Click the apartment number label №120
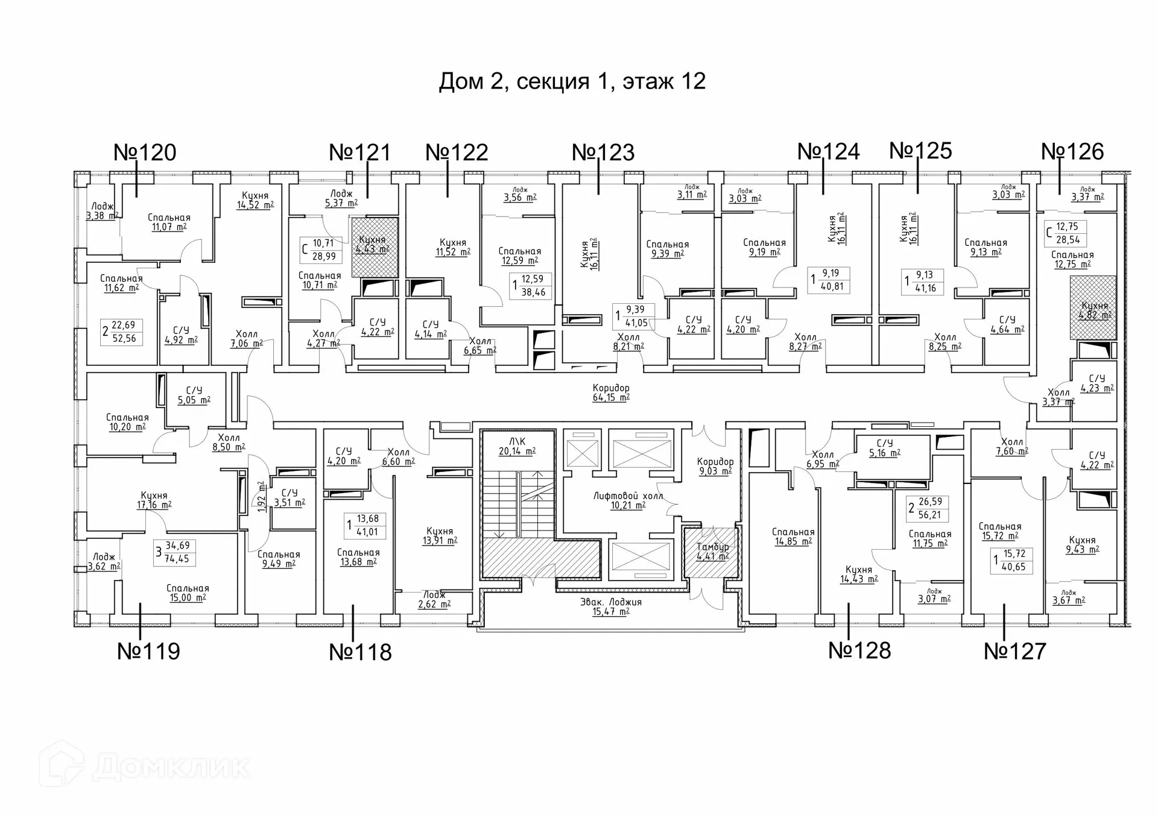coord(145,153)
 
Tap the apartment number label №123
coord(603,153)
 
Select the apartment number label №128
coord(859,650)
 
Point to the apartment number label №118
coord(360,652)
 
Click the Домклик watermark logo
coord(144,766)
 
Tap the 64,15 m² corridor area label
coord(611,392)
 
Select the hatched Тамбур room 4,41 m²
coord(712,552)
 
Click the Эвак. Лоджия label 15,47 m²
coord(611,606)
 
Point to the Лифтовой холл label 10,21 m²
coord(628,500)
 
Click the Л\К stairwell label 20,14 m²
coord(517,446)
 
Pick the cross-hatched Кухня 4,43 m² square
coord(375,247)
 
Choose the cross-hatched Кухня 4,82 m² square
coord(1093,308)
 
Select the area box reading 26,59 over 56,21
coord(928,508)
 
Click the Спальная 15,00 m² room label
coord(188,593)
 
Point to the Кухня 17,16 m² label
coord(154,500)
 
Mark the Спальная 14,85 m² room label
coord(793,536)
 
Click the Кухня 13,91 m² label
coord(440,535)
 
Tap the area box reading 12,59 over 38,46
coord(531,285)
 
